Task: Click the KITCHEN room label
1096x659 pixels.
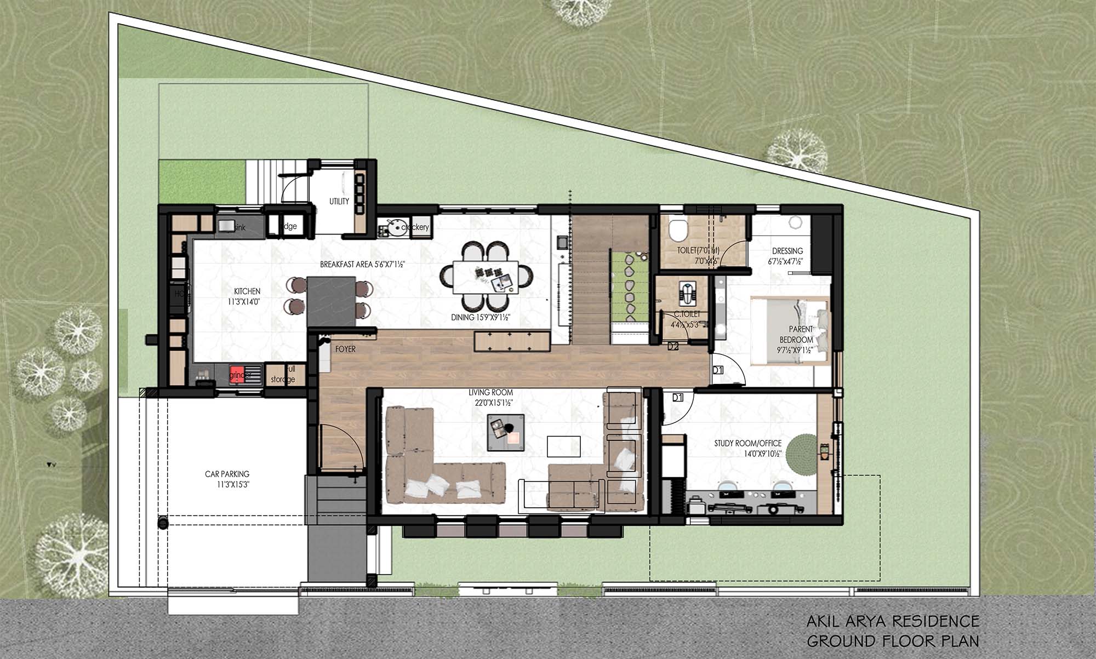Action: click(x=247, y=291)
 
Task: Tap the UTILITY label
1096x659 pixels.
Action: click(x=339, y=202)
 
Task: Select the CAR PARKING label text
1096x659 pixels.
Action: click(x=227, y=474)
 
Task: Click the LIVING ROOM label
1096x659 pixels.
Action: click(x=490, y=393)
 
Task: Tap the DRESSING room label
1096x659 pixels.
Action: click(x=787, y=251)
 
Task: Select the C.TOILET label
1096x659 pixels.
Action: click(x=687, y=314)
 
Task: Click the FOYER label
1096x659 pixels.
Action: click(x=345, y=349)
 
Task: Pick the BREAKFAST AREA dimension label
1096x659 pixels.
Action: click(x=362, y=265)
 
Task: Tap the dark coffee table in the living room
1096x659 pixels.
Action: click(x=506, y=433)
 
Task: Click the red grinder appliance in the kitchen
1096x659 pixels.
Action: click(x=237, y=373)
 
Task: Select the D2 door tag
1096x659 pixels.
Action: click(x=673, y=346)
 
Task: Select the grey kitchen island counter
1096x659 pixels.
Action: click(x=331, y=300)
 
